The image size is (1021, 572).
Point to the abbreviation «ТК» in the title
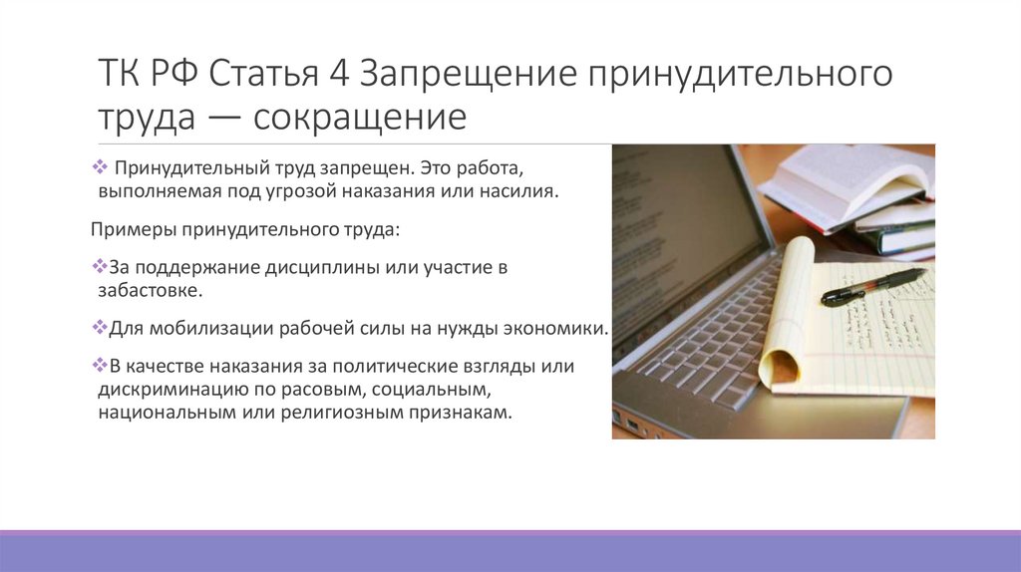(x=124, y=74)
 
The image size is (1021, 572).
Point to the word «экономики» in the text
(x=560, y=328)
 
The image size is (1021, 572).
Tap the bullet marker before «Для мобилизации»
(x=98, y=328)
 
